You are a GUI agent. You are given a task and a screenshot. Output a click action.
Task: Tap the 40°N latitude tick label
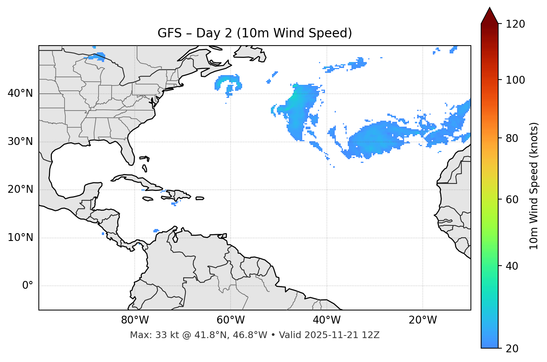(20, 93)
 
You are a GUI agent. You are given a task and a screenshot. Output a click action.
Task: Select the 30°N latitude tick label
(20, 142)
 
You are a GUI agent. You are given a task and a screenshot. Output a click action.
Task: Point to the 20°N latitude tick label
(20, 189)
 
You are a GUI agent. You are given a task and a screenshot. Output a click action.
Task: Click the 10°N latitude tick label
(20, 238)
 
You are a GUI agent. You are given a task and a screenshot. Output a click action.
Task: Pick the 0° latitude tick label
(28, 286)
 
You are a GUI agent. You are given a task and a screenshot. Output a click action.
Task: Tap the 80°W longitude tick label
(135, 320)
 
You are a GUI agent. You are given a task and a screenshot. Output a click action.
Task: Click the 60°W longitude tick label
(231, 320)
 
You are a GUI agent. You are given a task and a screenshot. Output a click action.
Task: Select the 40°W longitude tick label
(326, 320)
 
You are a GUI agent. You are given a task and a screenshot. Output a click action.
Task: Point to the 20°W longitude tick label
(422, 320)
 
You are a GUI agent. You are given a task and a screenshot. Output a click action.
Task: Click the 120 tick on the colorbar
(515, 24)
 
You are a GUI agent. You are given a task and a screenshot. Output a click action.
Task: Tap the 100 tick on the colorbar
(515, 80)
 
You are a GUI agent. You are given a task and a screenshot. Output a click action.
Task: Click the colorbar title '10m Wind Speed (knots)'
(534, 186)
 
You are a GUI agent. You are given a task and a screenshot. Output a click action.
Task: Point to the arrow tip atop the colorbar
(490, 9)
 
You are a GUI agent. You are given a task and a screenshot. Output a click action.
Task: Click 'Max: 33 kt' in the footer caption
(149, 335)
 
